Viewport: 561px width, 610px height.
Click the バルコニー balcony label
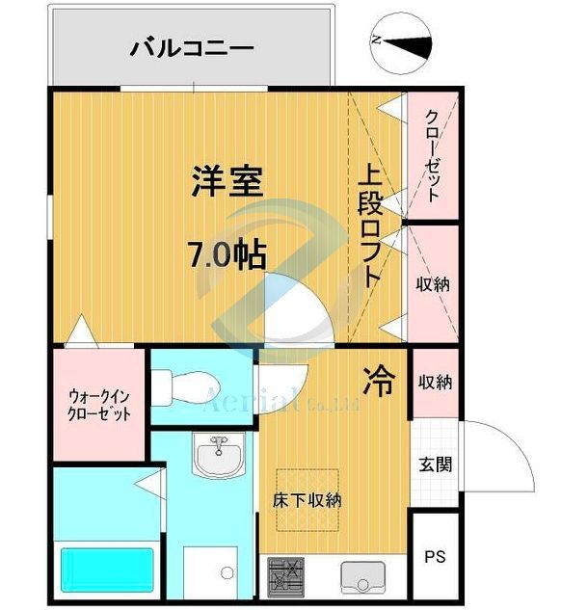tap(192, 45)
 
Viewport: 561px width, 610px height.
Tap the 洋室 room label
tap(227, 181)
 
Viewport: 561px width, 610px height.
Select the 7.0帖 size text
tap(227, 255)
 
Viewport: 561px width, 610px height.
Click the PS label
tap(435, 557)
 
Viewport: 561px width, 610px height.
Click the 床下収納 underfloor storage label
tap(307, 500)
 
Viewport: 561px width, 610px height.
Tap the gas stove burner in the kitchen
tap(283, 575)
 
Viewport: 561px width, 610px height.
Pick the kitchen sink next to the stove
tap(361, 576)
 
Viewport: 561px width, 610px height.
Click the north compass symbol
tap(399, 40)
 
